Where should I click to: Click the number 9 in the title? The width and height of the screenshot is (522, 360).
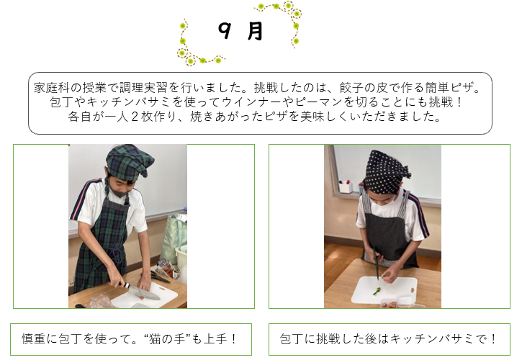(x=225, y=30)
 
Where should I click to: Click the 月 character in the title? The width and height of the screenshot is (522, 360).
(x=256, y=31)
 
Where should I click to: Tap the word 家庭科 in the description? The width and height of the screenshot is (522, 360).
(x=52, y=88)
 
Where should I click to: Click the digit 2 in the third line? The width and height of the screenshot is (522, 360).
(x=135, y=117)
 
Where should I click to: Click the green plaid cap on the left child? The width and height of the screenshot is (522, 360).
(x=129, y=162)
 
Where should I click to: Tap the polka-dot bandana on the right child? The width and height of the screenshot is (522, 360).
(x=386, y=172)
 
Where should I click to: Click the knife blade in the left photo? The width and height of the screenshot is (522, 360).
(x=145, y=292)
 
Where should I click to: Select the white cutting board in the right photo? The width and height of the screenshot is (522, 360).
(x=384, y=289)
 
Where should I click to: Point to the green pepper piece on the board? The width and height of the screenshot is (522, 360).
(x=377, y=292)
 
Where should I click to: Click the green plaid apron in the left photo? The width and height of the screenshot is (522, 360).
(x=103, y=246)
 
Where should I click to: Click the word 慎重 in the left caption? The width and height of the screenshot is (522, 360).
(x=34, y=339)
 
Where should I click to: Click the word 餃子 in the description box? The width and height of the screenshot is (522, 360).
(x=351, y=88)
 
